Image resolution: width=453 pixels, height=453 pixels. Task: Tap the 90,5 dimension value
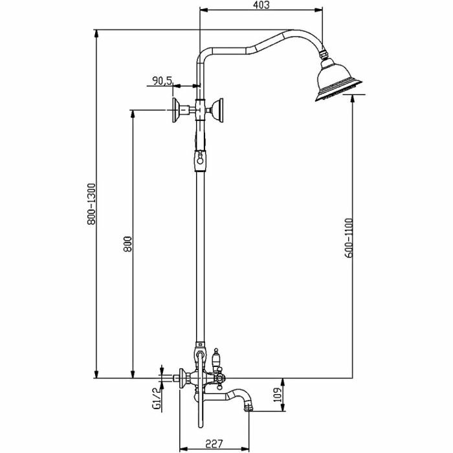click(x=161, y=80)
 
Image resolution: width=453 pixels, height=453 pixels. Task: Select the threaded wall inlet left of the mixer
click(x=170, y=375)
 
